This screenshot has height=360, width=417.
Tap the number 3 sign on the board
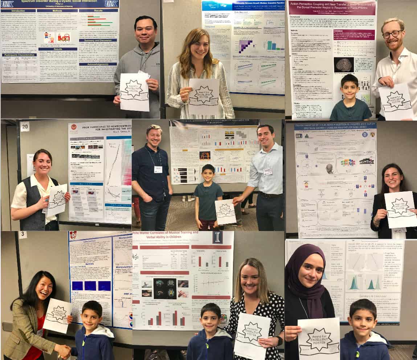tap(23, 235)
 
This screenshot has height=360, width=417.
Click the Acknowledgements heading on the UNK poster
tap(98, 64)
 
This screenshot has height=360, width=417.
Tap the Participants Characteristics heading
tap(19, 55)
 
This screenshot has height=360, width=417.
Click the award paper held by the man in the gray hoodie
tap(134, 92)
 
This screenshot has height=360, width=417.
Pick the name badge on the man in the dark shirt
tap(158, 169)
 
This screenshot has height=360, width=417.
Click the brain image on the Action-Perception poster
tap(343, 65)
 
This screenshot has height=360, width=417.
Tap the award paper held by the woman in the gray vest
tap(57, 199)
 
